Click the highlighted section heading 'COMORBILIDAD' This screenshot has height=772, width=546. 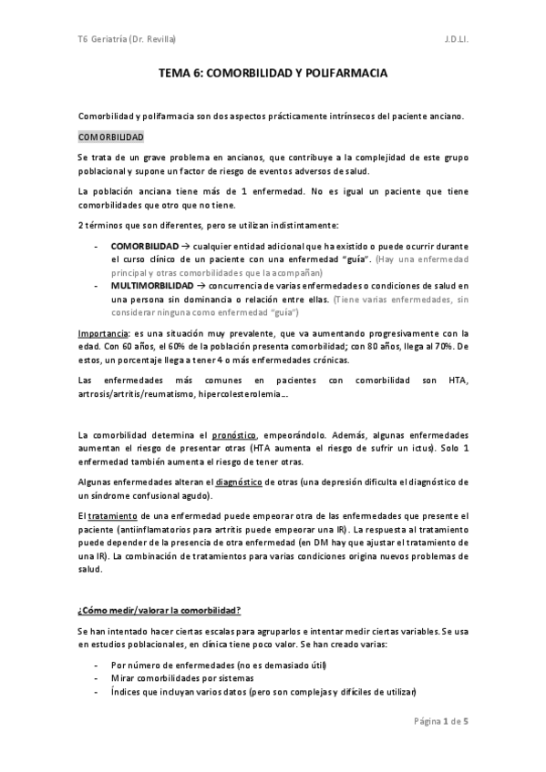pyautogui.click(x=110, y=136)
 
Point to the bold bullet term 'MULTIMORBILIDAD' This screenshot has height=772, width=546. pyautogui.click(x=151, y=286)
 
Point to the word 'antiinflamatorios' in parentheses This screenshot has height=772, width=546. pyautogui.click(x=168, y=531)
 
